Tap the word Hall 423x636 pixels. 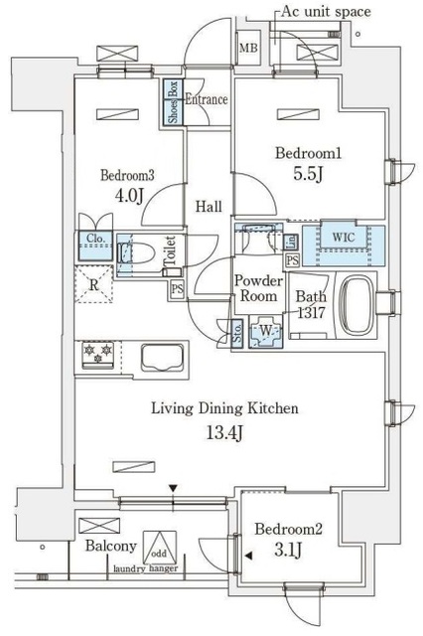[208, 207]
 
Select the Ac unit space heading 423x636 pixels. [326, 11]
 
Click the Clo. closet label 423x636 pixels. [95, 238]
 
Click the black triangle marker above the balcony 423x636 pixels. [174, 488]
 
